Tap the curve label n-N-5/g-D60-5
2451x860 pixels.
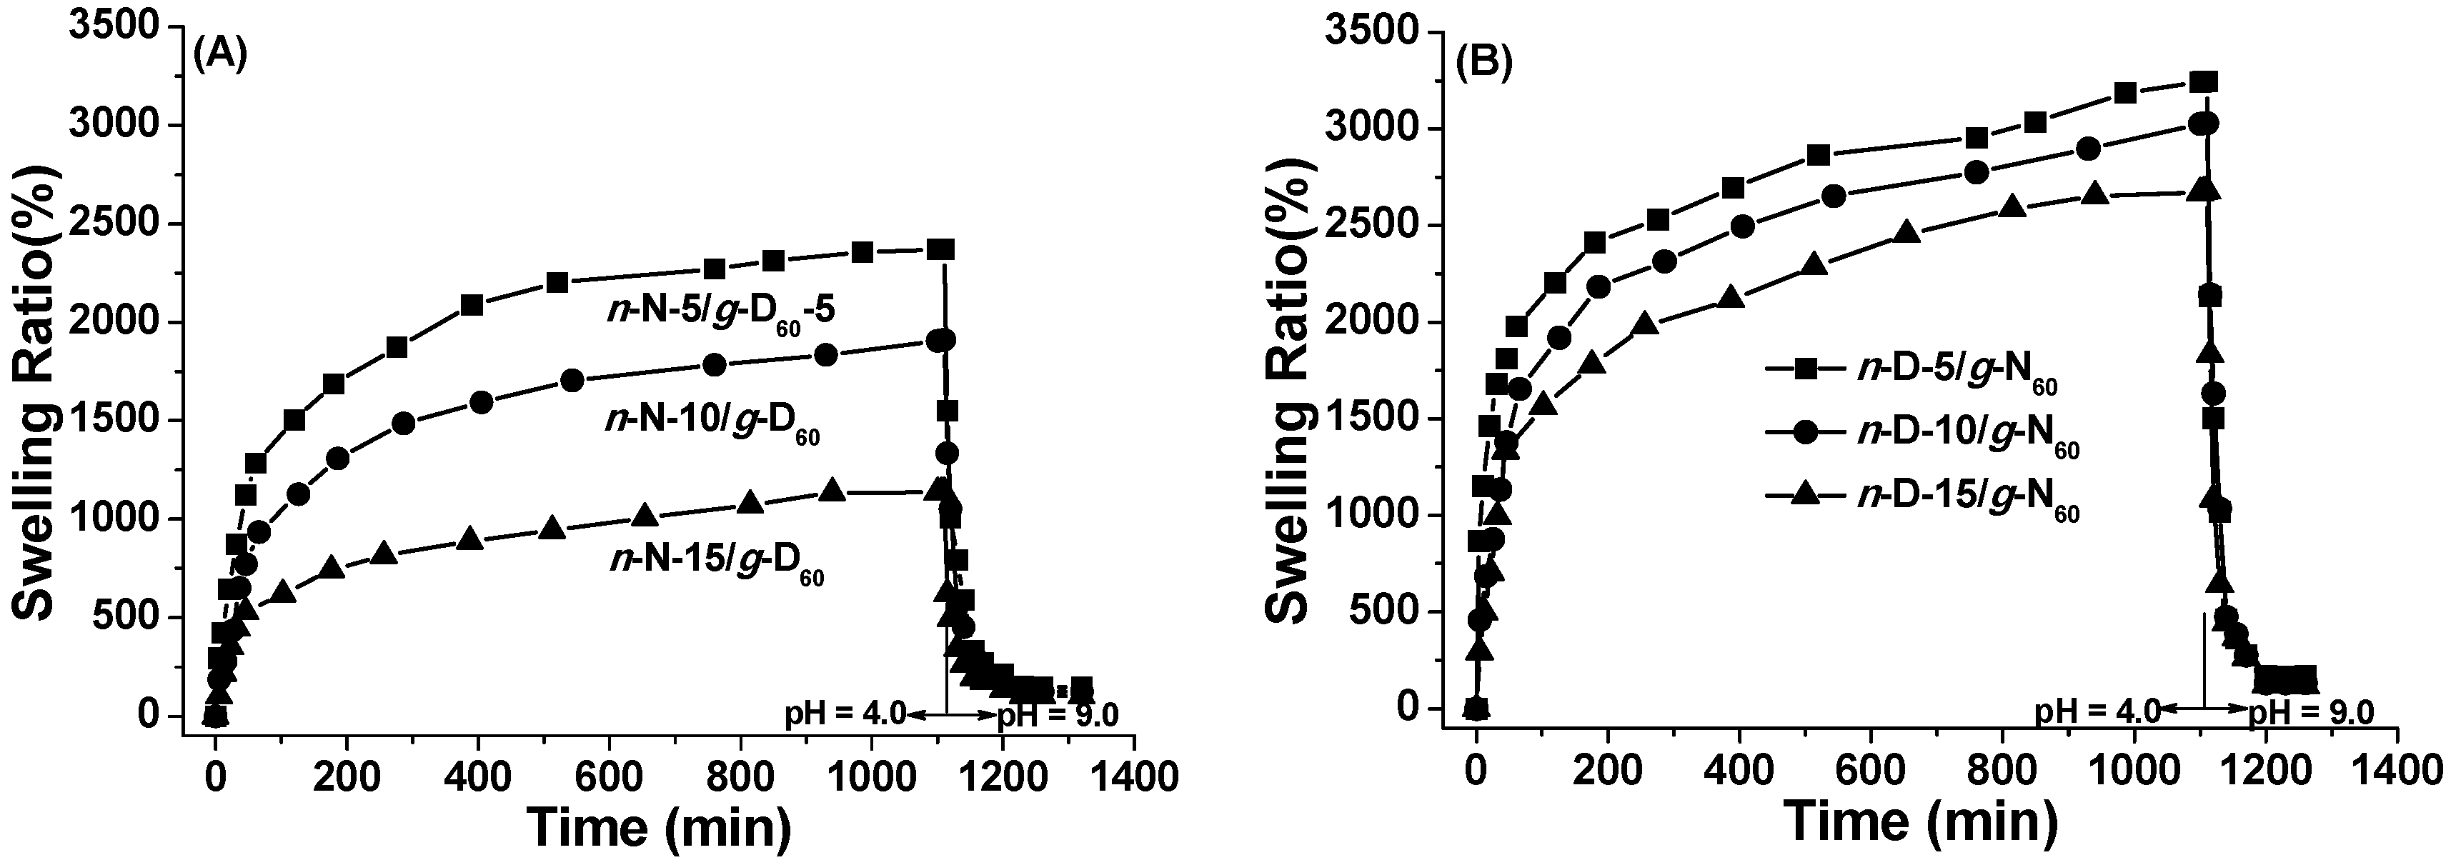tap(721, 313)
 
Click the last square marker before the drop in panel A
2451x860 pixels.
tap(941, 249)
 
